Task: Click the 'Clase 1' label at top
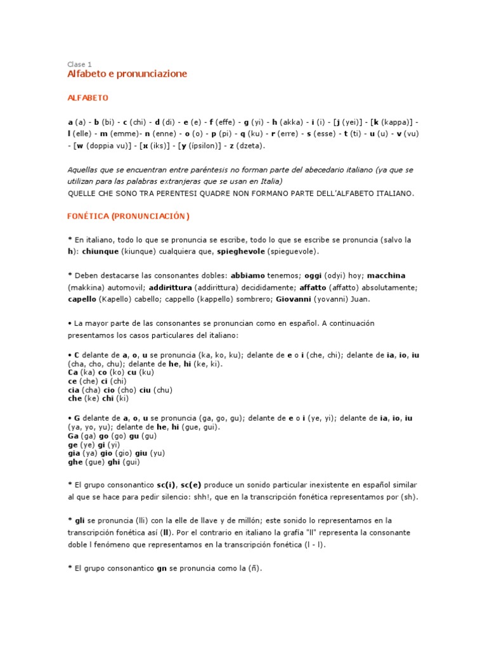pos(79,64)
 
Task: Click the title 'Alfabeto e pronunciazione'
pos(127,74)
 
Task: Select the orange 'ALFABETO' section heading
pos(88,98)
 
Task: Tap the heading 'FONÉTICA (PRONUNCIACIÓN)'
pos(128,216)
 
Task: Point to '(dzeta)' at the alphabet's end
pos(250,146)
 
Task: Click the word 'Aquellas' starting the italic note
pos(84,170)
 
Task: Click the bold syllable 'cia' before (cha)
pos(74,390)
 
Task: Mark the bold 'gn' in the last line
pos(162,569)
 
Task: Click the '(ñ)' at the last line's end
pos(254,569)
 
